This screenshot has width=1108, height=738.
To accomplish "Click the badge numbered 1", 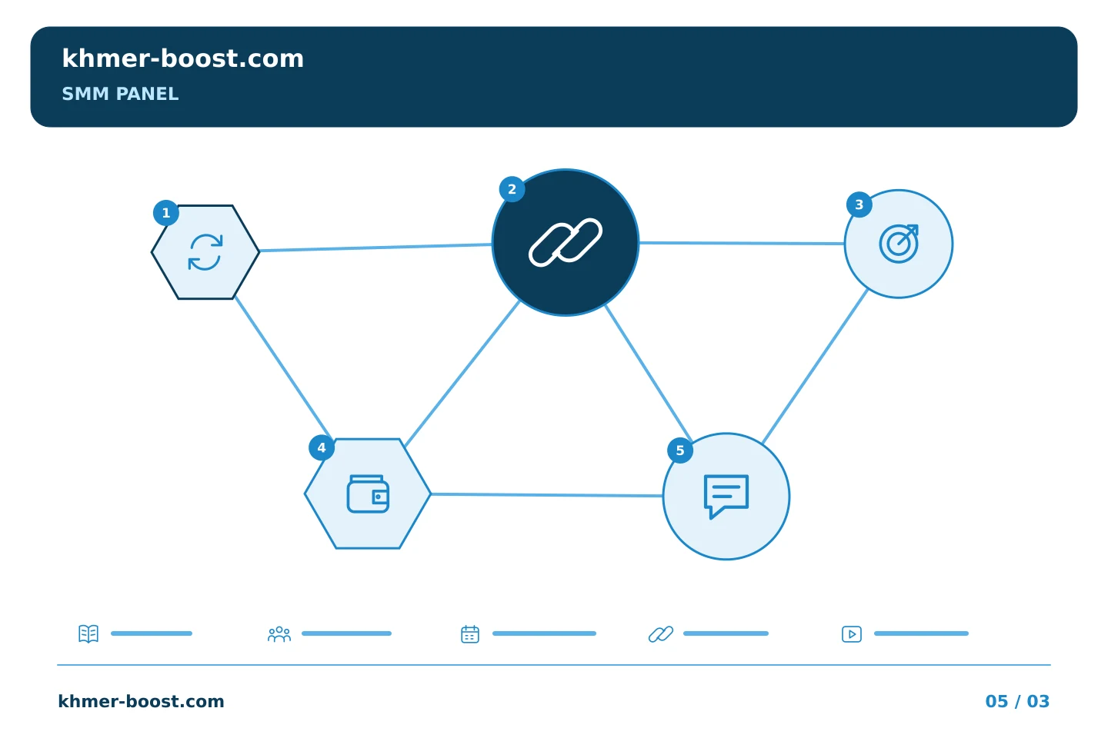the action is coord(166,213).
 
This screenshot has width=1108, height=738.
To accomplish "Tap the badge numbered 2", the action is coord(512,189).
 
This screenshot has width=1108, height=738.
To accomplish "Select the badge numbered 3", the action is coord(859,204).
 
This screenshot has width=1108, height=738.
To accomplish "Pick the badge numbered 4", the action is coord(322,448).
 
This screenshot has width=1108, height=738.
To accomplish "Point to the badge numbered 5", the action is coord(680,450).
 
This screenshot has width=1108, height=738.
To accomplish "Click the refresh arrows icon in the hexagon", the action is coord(205,252).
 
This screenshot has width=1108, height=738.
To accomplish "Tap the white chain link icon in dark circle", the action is coord(566,242).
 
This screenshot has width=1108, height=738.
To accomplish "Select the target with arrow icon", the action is coord(899,244).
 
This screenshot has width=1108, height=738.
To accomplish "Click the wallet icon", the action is coord(368,494).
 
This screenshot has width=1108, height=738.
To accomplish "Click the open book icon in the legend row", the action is coord(88,633).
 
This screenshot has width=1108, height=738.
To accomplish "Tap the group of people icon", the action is coord(279,634).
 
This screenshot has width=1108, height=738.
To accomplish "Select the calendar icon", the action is coord(470,634).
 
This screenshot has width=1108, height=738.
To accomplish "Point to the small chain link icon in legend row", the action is coord(661,634).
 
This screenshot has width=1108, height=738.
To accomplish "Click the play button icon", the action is coord(852,634).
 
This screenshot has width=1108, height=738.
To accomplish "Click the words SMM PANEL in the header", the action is coord(120,94).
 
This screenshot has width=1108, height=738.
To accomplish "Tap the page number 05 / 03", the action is coord(1017,701).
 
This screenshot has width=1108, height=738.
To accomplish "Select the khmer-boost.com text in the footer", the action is coord(141,701).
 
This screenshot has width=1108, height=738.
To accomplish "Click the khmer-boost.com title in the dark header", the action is coord(182,58).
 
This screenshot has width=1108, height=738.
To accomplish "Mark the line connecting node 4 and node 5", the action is coord(547,495).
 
